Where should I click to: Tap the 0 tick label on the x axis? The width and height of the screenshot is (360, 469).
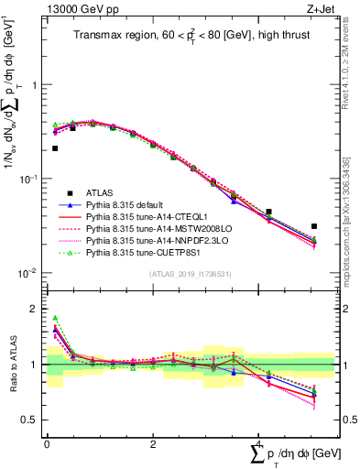[47, 444]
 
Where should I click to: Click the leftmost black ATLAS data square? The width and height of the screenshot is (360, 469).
[55, 148]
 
